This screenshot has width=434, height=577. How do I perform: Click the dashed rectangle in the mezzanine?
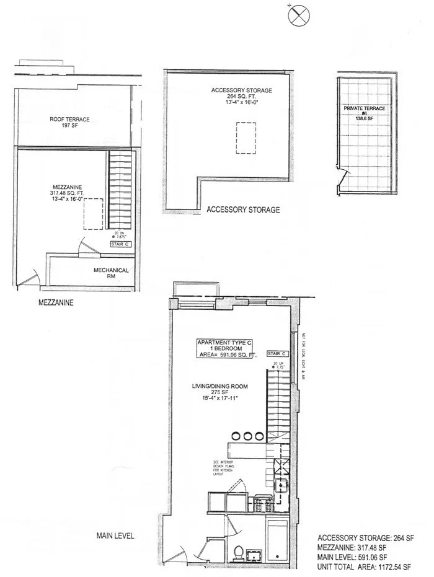coord(93,214)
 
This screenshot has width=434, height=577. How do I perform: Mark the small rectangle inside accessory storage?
coord(246,137)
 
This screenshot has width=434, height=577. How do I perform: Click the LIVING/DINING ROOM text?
coord(219,386)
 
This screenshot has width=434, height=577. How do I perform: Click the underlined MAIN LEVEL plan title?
coord(115,535)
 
